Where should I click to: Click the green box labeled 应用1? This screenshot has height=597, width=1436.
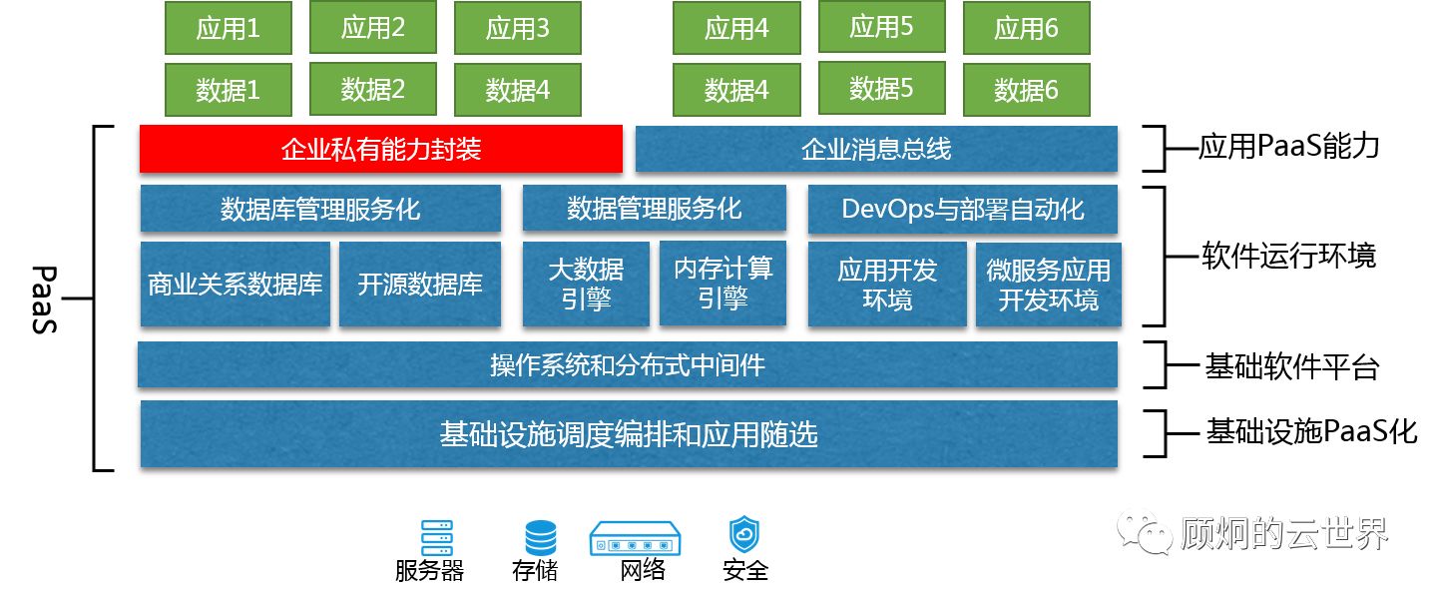click(228, 28)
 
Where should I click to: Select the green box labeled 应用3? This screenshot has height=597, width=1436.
click(517, 28)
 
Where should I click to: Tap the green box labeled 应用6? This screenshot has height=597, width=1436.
click(1026, 28)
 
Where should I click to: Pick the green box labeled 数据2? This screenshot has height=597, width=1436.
click(372, 89)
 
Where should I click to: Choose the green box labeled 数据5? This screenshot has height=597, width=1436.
click(881, 89)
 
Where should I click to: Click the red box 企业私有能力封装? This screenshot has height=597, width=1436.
click(380, 150)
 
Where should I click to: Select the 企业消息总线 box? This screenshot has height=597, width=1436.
click(875, 150)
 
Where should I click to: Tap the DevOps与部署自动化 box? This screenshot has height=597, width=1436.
click(962, 209)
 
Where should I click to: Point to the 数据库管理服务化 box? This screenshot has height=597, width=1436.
click(320, 209)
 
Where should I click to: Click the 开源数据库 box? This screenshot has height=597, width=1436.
click(420, 285)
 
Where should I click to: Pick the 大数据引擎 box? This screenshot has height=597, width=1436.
click(586, 284)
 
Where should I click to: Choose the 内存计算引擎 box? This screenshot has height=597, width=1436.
click(722, 284)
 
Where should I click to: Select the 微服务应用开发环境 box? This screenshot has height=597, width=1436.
click(1048, 285)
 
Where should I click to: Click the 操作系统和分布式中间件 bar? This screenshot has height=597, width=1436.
click(627, 365)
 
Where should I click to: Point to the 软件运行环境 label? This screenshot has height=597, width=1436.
click(1287, 256)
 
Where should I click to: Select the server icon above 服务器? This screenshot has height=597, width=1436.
click(436, 538)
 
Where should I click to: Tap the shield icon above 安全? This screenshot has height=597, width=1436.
click(744, 536)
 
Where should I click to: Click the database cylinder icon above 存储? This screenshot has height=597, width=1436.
click(540, 538)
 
